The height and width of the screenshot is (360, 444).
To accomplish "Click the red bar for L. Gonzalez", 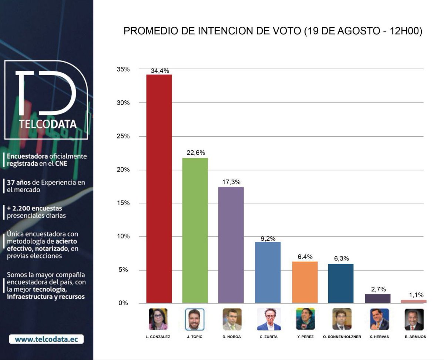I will (x=159, y=189).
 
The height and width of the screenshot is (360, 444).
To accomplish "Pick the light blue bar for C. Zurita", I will (x=268, y=273).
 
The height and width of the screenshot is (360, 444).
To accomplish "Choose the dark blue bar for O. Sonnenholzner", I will (x=341, y=283).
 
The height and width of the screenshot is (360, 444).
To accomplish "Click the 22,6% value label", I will (x=195, y=153).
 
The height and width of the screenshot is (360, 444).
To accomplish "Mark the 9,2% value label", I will (x=268, y=239).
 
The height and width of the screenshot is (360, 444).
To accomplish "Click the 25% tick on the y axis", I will (x=124, y=136).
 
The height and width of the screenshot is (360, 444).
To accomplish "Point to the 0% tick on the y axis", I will (x=124, y=303).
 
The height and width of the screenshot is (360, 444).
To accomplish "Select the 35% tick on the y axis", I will (x=124, y=69).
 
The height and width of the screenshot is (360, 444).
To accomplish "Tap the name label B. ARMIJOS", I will (x=414, y=337).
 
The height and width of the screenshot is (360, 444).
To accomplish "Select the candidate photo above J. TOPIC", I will (x=195, y=319).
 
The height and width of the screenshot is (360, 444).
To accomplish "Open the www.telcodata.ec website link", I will (x=46, y=339).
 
